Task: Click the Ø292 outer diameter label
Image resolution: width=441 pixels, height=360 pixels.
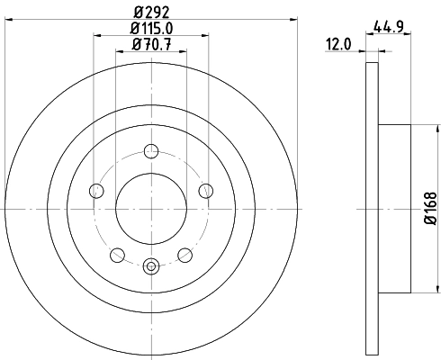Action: pos(151,13)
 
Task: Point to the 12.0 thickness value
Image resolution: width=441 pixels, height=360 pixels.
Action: pos(340,42)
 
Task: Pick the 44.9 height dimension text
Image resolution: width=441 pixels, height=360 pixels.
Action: pos(388,27)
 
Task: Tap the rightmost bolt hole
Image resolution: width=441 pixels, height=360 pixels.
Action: pos(206,189)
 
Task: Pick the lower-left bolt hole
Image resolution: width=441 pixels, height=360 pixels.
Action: pos(117,254)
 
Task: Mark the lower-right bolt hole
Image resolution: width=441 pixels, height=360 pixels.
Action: pos(185,254)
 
